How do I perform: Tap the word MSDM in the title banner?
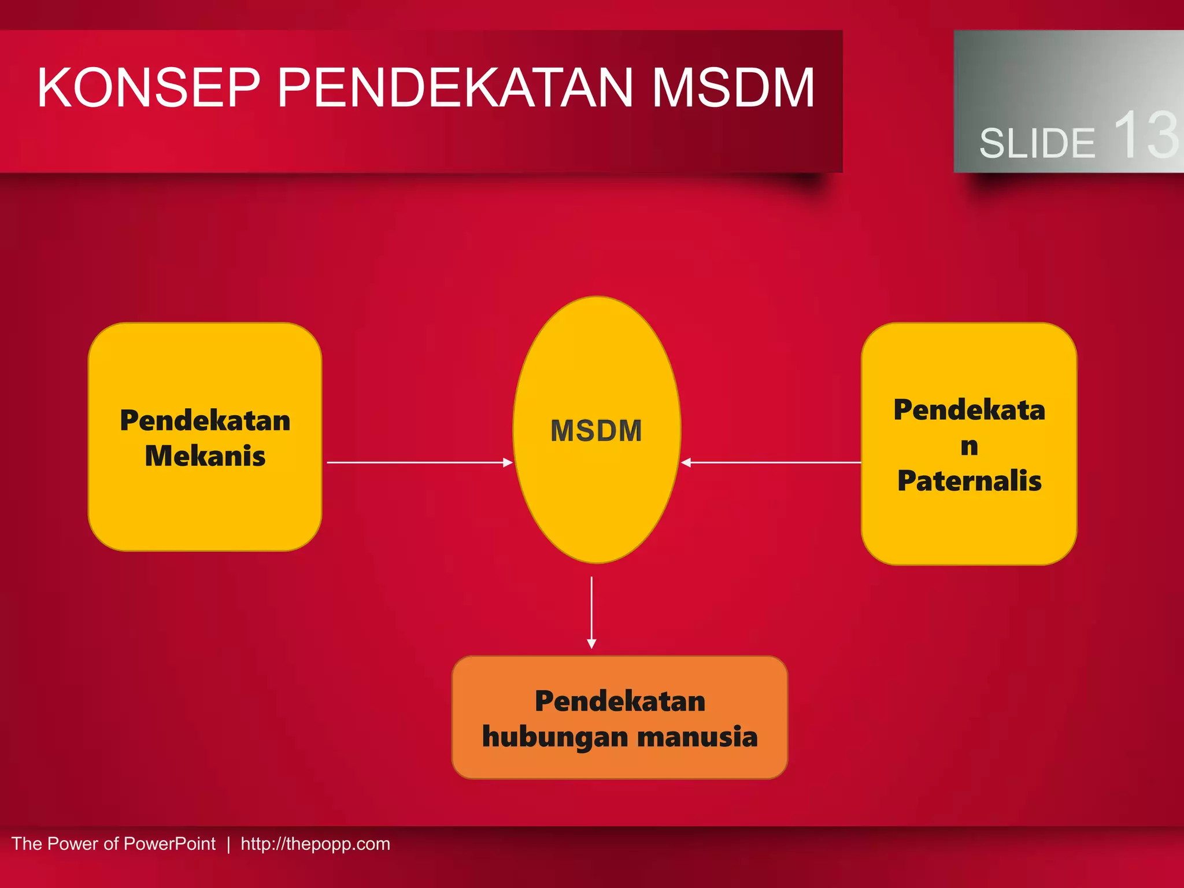click(733, 88)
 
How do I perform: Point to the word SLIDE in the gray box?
click(1037, 143)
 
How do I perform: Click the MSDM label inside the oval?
click(596, 431)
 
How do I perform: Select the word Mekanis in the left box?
click(205, 456)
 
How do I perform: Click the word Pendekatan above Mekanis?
click(205, 420)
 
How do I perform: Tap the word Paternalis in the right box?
click(970, 481)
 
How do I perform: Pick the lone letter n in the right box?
click(970, 446)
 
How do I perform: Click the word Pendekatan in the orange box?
click(620, 701)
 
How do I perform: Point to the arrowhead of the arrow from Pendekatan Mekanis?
click(508, 462)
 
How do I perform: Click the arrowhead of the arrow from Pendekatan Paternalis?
click(686, 462)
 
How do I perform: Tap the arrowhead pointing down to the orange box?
click(591, 644)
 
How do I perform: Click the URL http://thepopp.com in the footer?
click(315, 844)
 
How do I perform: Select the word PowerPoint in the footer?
click(169, 844)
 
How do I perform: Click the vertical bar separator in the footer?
click(228, 844)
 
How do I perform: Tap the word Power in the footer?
click(73, 844)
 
